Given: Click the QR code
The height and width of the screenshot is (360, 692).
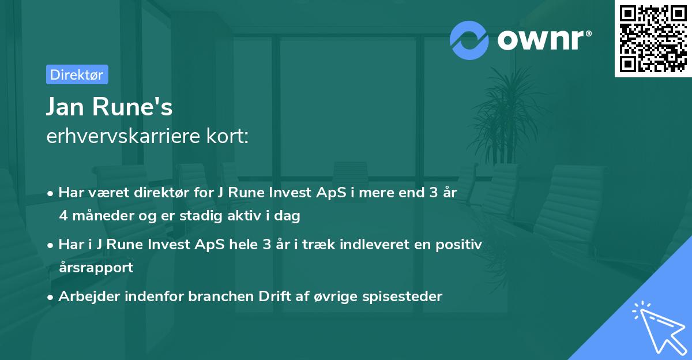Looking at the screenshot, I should point(653,39).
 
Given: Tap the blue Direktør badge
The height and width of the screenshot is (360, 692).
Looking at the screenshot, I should point(77,74).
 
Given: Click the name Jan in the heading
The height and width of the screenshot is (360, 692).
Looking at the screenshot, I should point(66,107).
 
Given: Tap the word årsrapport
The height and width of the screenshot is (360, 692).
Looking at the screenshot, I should point(96,268).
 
